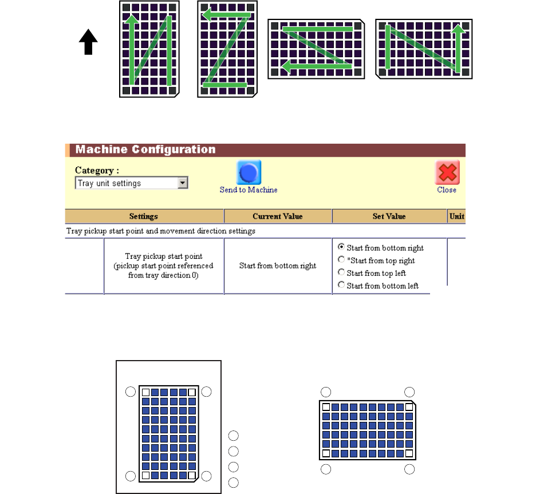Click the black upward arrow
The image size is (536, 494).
tap(88, 43)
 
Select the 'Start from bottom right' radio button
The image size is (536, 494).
tap(341, 247)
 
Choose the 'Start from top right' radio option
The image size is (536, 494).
tap(341, 260)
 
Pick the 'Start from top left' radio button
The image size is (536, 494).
tap(341, 272)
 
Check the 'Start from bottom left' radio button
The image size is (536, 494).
tap(341, 285)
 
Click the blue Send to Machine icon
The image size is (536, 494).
tap(249, 172)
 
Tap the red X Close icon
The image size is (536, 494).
tap(447, 172)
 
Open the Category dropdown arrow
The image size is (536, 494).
tap(183, 183)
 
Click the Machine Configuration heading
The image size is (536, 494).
tap(146, 150)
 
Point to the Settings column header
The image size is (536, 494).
tap(144, 216)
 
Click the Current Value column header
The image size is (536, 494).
tap(278, 216)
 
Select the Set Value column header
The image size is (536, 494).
tap(389, 216)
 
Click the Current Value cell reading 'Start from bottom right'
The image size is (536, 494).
tap(278, 266)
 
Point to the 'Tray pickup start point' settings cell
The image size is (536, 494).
tap(164, 266)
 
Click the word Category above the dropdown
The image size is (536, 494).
tap(97, 171)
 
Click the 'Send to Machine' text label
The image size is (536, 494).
tap(249, 189)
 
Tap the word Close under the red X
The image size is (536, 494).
tap(447, 189)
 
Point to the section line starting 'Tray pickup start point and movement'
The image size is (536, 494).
tap(160, 231)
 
